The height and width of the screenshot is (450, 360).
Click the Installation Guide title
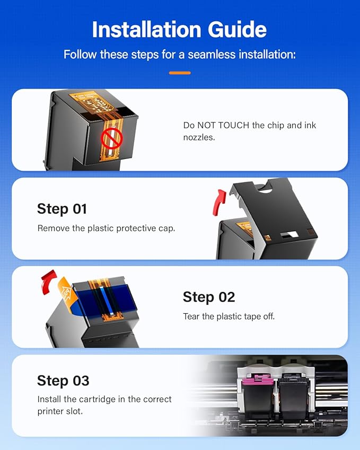pyautogui.click(x=180, y=30)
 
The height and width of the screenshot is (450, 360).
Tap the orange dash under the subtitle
pyautogui.click(x=180, y=73)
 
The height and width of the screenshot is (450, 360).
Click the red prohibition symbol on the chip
pyautogui.click(x=112, y=138)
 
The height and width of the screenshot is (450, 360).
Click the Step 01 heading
pyautogui.click(x=62, y=209)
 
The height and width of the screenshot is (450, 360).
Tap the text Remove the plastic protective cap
pyautogui.click(x=106, y=228)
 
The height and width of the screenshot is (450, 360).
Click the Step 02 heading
pyautogui.click(x=208, y=297)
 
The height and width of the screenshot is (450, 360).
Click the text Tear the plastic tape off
pyautogui.click(x=229, y=316)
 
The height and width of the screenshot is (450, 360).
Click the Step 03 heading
pyautogui.click(x=63, y=381)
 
